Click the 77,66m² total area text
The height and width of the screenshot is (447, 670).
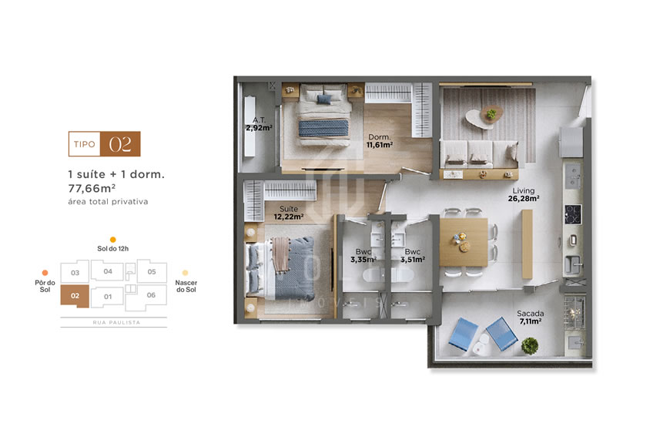[x=92, y=187]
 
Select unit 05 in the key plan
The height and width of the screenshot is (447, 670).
[x=152, y=271]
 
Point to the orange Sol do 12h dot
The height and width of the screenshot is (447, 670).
[x=113, y=240]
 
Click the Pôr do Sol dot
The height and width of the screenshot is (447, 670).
[x=45, y=272]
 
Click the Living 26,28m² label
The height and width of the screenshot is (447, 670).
[x=524, y=194]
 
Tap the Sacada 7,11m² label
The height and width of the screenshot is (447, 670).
[x=531, y=317]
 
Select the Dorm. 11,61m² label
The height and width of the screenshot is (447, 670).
[x=380, y=140]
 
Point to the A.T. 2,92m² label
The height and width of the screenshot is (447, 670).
[x=259, y=124]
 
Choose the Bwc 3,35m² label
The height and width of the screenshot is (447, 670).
[x=362, y=256]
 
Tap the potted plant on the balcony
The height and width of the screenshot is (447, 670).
[x=529, y=345]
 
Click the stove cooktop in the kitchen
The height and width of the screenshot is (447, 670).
[x=574, y=213]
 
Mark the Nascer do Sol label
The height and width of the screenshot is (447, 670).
[x=186, y=286]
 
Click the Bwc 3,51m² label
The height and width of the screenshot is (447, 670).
[x=412, y=256]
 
